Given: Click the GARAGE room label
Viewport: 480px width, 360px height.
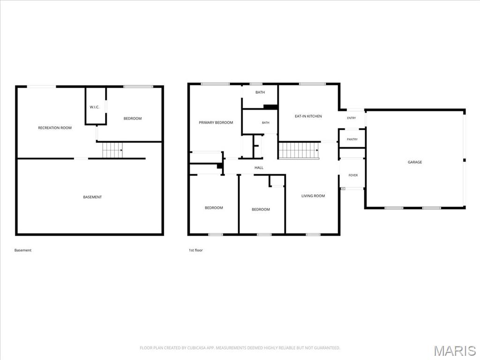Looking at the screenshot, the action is (415, 162).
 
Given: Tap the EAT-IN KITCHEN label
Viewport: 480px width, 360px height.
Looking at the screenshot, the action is (308, 116).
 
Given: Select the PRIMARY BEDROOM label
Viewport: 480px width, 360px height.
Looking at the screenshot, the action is (216, 122).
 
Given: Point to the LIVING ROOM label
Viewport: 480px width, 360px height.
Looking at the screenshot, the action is (313, 196).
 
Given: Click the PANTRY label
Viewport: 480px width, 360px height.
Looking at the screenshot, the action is (352, 139).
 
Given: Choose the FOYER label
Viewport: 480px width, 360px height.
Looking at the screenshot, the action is (353, 175).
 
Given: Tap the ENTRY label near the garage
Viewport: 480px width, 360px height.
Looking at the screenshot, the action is (352, 118).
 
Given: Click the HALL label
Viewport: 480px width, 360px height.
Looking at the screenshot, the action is (259, 168).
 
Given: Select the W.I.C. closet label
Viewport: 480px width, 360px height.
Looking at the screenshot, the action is (94, 107).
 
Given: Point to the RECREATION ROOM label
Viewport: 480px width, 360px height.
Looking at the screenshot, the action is (55, 128).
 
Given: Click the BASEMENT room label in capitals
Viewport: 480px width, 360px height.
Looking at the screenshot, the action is (92, 197).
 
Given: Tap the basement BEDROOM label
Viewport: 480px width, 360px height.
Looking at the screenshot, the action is (133, 119).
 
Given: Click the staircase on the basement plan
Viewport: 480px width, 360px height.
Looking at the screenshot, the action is (112, 150).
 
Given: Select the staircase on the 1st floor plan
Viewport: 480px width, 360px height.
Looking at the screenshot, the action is (299, 150).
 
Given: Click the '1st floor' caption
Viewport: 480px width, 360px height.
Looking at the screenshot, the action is (195, 250).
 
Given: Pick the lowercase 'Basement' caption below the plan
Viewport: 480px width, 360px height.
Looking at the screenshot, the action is (23, 250).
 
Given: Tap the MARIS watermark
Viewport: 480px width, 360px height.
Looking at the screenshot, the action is (455, 351).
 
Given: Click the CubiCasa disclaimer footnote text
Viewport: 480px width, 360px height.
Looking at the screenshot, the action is (240, 348).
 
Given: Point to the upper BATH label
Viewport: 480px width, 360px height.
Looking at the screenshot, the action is (260, 92).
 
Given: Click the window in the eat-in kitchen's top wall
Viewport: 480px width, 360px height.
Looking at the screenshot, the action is (313, 84).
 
